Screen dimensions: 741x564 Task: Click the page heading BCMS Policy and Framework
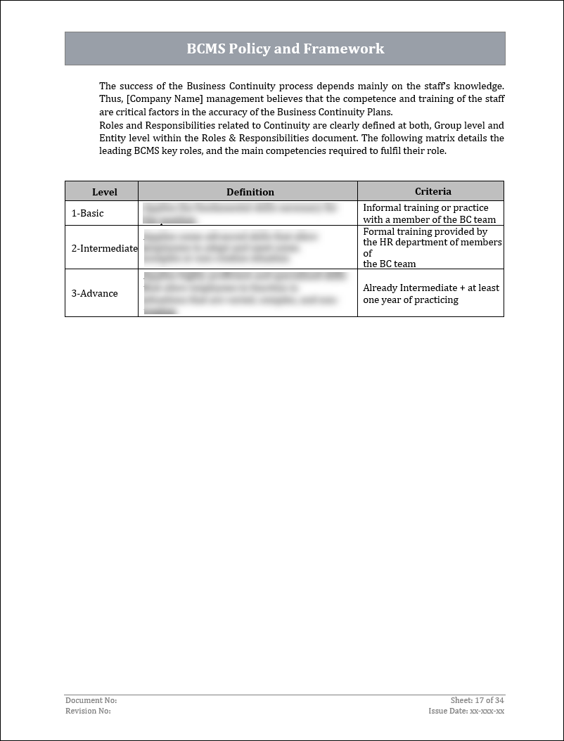[285, 49]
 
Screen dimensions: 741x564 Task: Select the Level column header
[105, 191]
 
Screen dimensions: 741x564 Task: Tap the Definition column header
[250, 191]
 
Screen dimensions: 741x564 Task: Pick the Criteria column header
[432, 191]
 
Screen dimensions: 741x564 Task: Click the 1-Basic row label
[87, 213]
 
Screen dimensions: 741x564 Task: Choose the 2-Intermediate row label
[104, 247]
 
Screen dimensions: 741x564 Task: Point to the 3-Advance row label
[94, 293]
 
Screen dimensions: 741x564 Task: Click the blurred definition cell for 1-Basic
[240, 213]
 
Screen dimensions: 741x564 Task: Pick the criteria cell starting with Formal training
[432, 247]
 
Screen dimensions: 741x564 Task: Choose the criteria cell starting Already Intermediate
[430, 293]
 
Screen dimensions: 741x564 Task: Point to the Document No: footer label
[91, 700]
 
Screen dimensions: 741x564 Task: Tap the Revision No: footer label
[88, 711]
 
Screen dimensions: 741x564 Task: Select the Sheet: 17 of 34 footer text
[478, 700]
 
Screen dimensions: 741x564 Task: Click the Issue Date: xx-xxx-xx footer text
[466, 711]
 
